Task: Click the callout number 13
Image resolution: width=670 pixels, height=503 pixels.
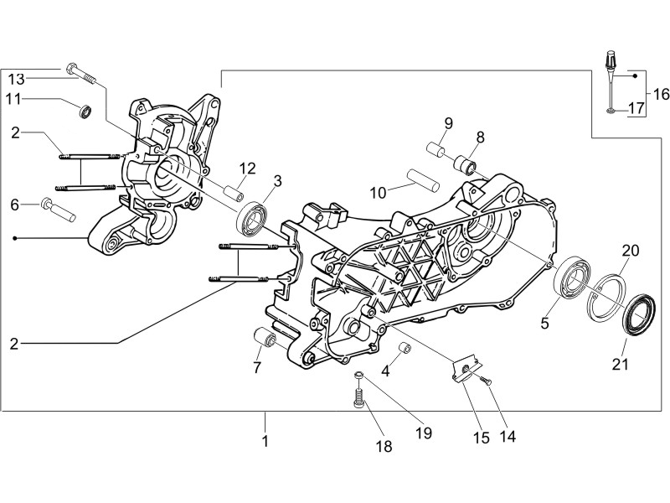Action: click(18, 80)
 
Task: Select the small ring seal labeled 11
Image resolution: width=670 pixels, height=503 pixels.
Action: click(84, 111)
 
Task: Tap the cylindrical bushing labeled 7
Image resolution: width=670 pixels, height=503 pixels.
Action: click(265, 340)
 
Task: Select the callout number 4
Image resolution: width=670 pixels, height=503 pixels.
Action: click(386, 370)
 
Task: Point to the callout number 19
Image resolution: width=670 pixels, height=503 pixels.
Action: click(423, 433)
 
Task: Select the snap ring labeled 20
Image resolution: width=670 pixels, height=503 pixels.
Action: click(608, 297)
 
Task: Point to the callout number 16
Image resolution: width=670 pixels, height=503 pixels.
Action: click(661, 93)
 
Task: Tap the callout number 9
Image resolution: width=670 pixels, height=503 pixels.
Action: click(448, 124)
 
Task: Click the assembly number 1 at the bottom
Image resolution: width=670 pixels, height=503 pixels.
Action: click(265, 441)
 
